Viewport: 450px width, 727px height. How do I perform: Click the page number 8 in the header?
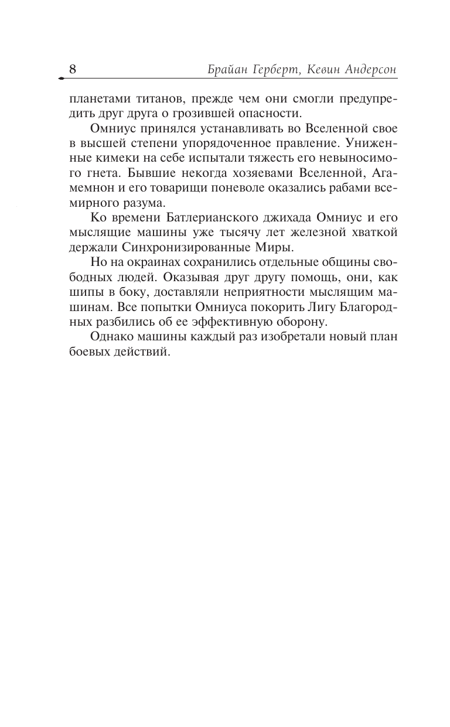73,69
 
